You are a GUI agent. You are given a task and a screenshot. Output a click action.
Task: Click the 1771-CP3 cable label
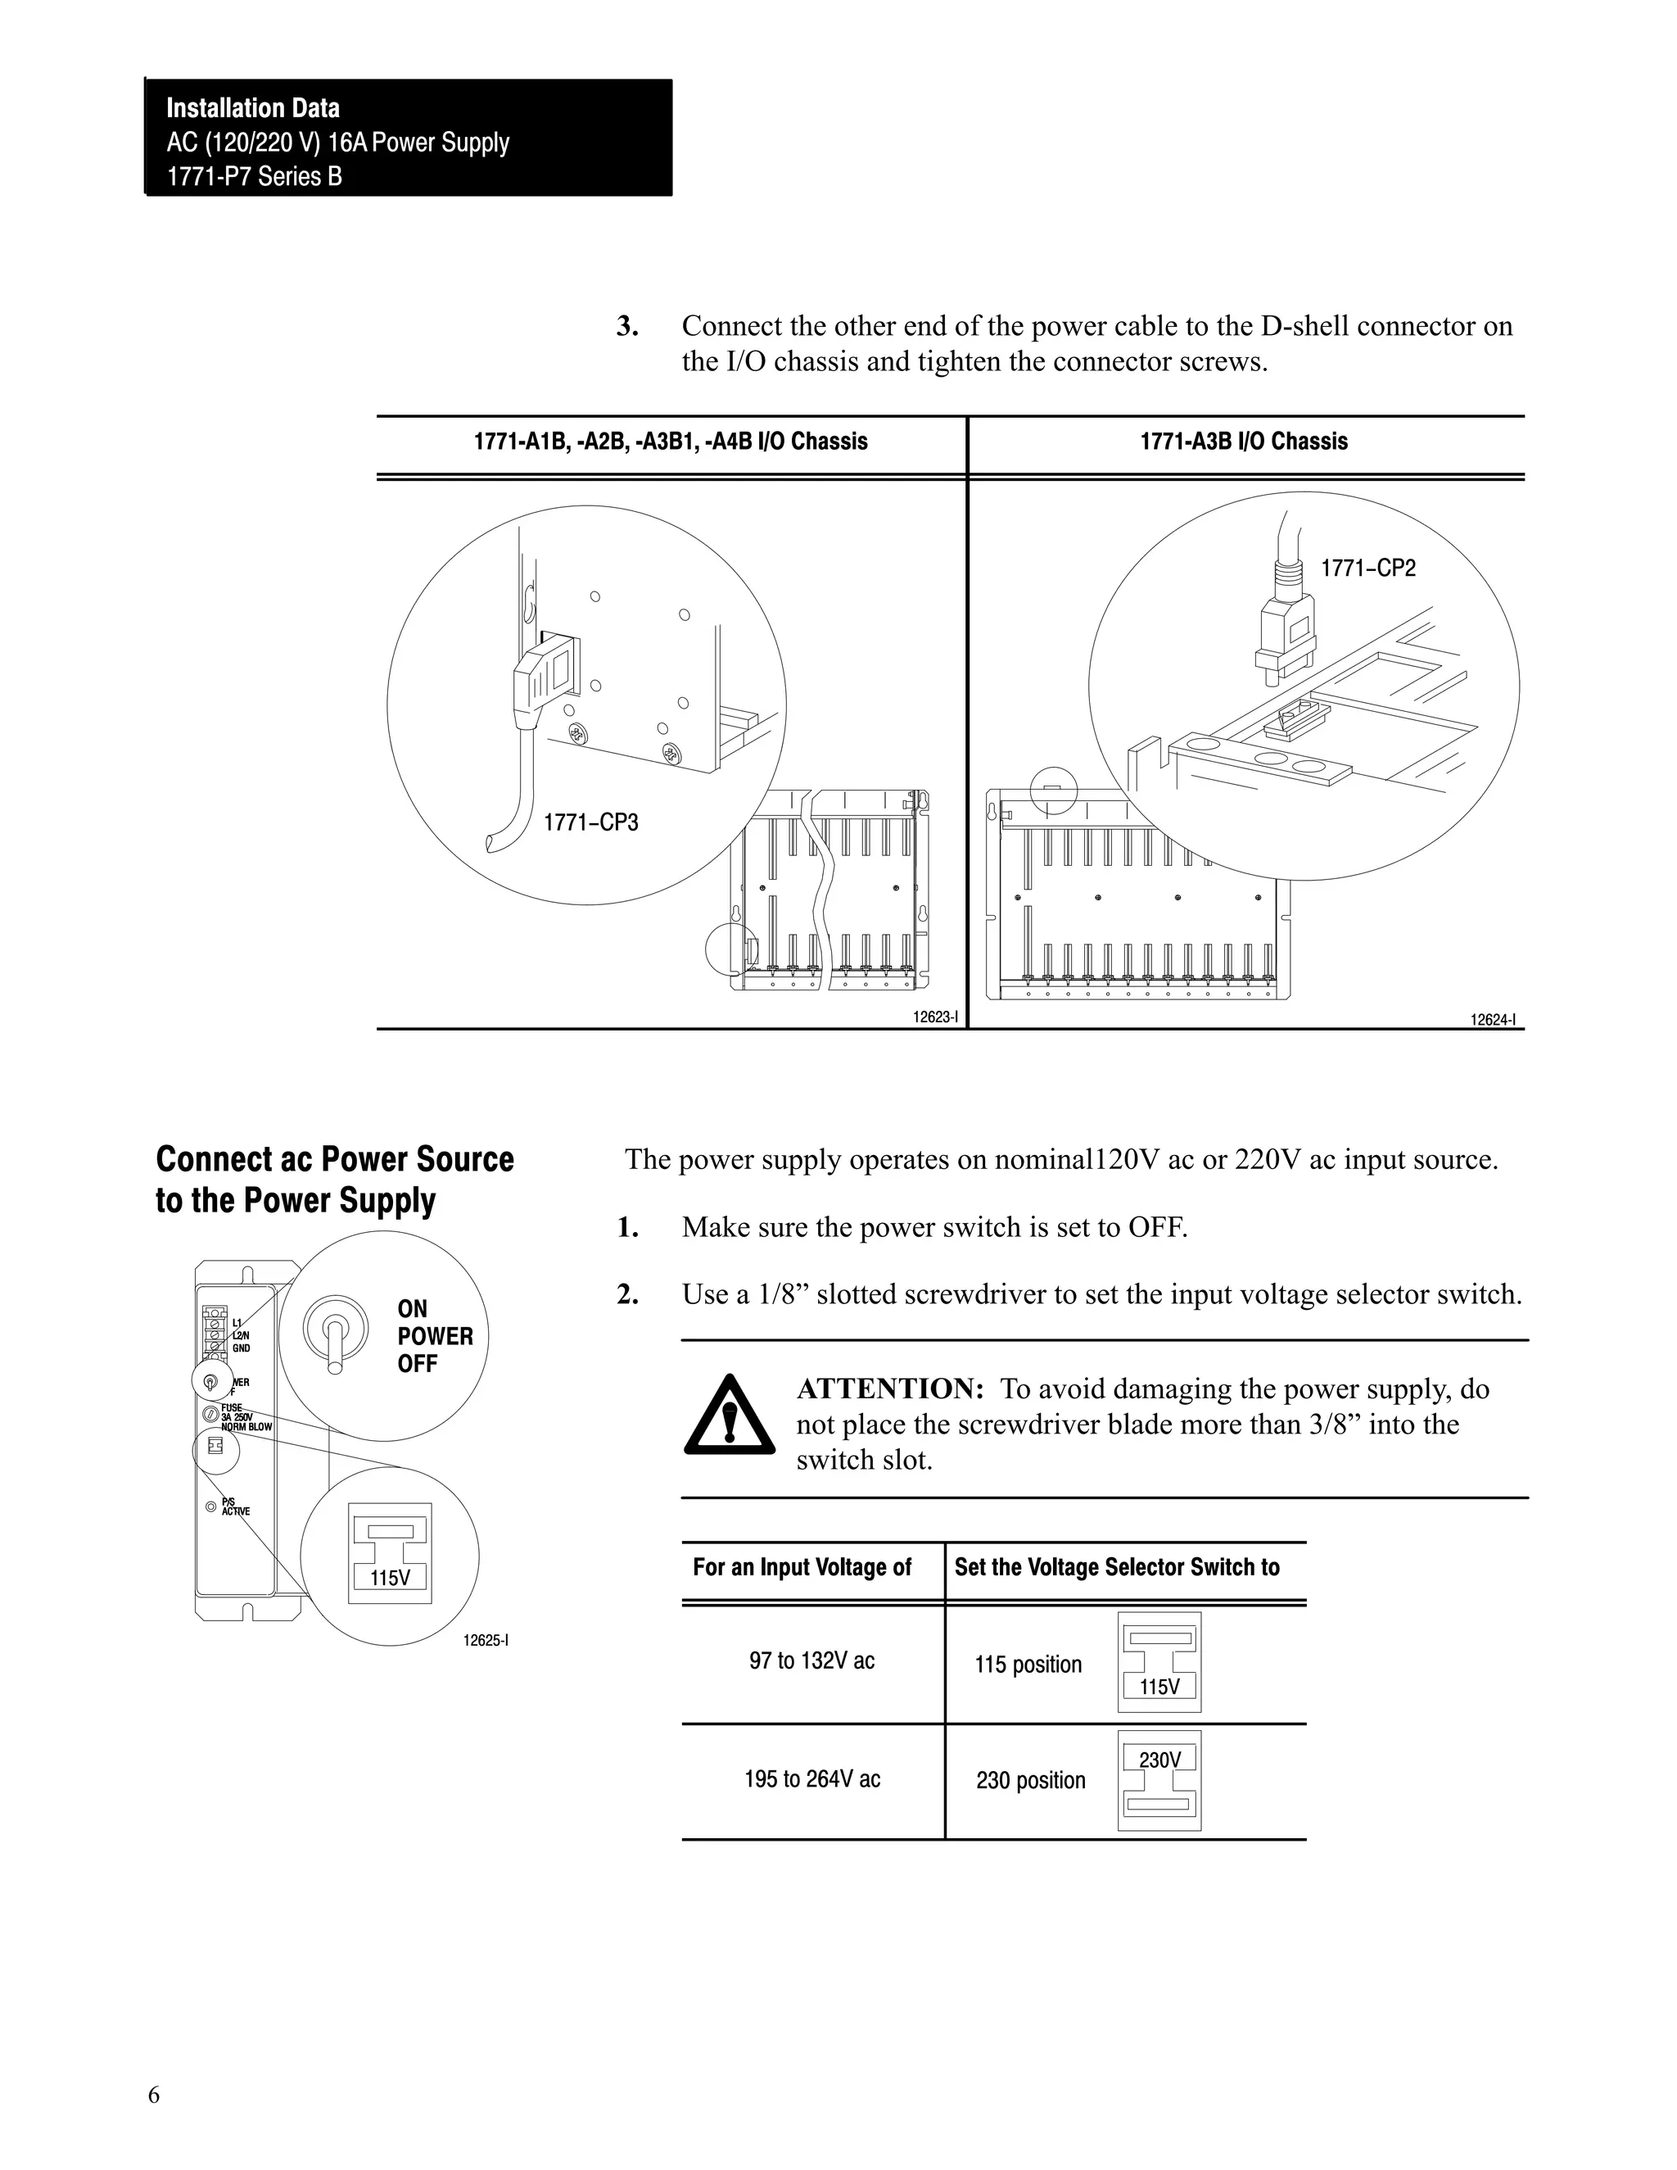[x=590, y=822]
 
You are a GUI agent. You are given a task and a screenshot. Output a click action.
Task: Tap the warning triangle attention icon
[x=730, y=1416]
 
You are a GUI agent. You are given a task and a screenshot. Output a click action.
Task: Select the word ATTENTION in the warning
[x=889, y=1389]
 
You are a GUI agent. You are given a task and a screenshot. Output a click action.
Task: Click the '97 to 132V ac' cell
[x=811, y=1661]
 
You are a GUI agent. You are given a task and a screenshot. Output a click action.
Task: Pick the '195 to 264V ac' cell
[x=811, y=1779]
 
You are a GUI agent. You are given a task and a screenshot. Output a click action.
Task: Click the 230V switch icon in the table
[x=1159, y=1781]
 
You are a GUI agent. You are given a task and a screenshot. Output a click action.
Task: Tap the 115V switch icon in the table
[x=1159, y=1662]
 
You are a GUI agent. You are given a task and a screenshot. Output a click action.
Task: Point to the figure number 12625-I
[x=486, y=1641]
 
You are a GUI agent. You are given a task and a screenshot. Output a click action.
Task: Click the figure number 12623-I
[x=936, y=1017]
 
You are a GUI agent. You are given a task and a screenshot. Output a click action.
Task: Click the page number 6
[x=154, y=2095]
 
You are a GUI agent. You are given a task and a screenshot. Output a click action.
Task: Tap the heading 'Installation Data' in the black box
[x=252, y=108]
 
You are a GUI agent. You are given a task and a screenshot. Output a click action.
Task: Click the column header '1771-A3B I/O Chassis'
[x=1243, y=442]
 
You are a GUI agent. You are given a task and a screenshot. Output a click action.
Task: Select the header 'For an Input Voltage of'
[x=801, y=1568]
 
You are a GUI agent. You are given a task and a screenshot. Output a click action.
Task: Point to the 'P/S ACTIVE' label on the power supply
[x=234, y=1506]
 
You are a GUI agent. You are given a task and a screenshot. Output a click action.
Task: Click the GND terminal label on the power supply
[x=241, y=1348]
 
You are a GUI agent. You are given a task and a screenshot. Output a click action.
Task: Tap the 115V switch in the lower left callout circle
[x=390, y=1553]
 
